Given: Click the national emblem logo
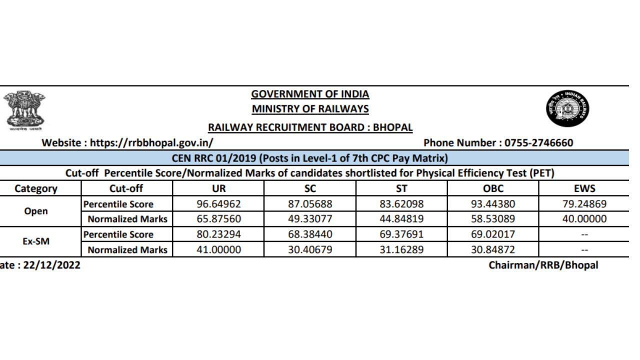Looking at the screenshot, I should [x=24, y=109].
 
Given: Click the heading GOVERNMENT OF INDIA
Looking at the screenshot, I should [x=310, y=94].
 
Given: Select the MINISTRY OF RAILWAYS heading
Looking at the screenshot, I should [x=310, y=108].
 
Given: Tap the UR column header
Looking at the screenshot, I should [x=218, y=189].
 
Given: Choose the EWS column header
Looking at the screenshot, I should [x=584, y=189].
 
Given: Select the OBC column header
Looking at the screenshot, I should [x=493, y=189].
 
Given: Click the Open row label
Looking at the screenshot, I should [x=36, y=211].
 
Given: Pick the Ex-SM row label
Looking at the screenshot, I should [x=36, y=242].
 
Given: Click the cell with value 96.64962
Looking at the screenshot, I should [x=218, y=204].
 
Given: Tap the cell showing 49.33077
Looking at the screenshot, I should [x=310, y=219].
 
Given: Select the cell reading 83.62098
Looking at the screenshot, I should [x=401, y=204].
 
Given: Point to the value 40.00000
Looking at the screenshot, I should [x=584, y=219].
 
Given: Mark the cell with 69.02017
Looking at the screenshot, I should [x=493, y=234].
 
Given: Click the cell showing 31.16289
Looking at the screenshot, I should [x=401, y=249].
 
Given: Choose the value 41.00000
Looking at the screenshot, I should [x=218, y=249].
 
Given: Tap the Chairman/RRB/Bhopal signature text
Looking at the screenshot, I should [x=543, y=265].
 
